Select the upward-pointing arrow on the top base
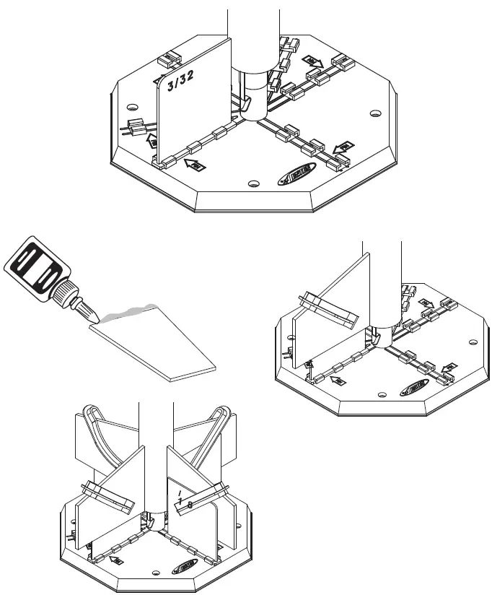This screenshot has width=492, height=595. pyautogui.click(x=151, y=140)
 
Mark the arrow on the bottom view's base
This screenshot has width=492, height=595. pyautogui.click(x=115, y=559)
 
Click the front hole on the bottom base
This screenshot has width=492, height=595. pyautogui.click(x=156, y=576)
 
